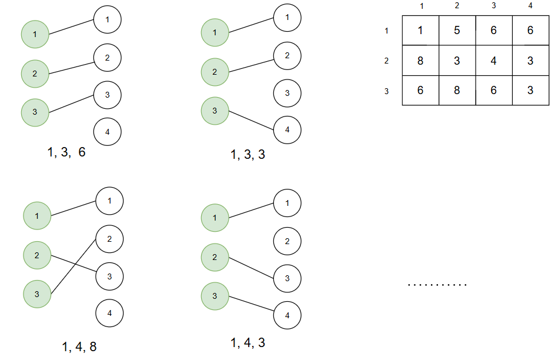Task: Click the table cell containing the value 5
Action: coord(457,31)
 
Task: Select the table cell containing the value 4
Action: coord(494,61)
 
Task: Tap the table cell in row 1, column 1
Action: coord(420,31)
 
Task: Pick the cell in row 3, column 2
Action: coord(457,90)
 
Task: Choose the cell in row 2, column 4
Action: coord(530,61)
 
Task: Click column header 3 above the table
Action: coord(494,6)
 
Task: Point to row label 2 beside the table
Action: coord(386,61)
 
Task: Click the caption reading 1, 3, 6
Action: coord(66,152)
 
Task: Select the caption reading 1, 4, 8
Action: coord(79,347)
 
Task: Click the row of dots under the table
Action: coord(437,285)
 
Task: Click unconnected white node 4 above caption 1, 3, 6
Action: coord(107,132)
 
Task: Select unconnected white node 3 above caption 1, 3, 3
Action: coord(287,93)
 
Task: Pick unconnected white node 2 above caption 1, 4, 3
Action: coord(287,241)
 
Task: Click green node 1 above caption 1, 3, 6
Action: coord(35,35)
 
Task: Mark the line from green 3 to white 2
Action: coord(73,265)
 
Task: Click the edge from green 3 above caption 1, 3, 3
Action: coord(251,120)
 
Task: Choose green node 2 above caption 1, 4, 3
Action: coord(215,257)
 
